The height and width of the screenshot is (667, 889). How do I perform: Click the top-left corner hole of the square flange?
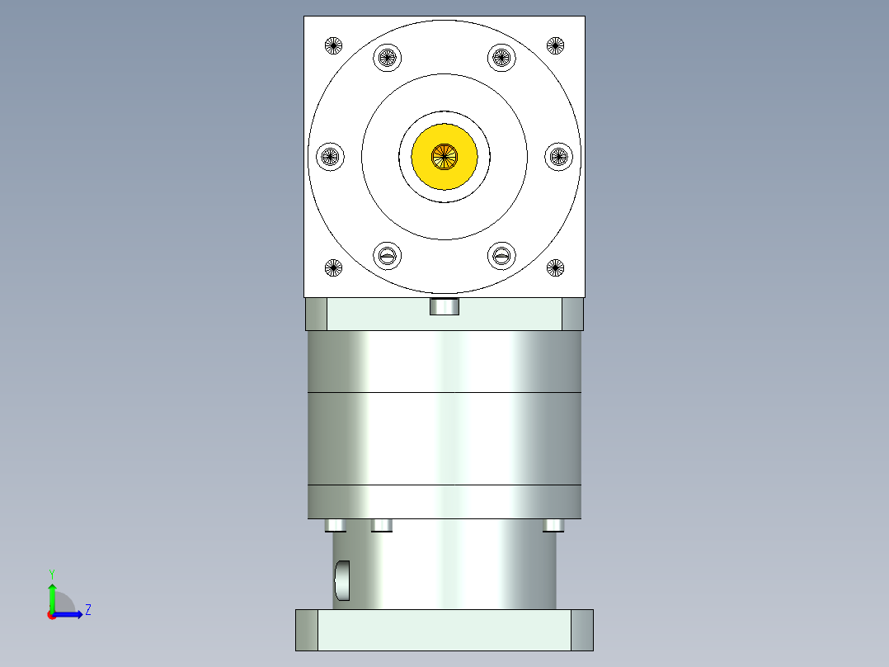333,45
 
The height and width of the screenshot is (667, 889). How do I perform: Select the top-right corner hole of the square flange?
556,45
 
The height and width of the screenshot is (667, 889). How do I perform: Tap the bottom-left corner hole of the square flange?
333,267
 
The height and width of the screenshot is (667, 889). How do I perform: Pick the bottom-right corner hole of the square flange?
556,267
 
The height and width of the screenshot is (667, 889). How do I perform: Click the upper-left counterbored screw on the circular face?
388,58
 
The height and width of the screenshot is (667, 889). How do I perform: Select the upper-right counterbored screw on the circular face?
501,58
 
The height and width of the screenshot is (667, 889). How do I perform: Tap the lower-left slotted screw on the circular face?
388,255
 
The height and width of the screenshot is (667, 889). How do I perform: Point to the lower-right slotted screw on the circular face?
501,255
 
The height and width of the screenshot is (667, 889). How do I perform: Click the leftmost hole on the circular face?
330,155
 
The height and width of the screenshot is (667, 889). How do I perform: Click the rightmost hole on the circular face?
559,155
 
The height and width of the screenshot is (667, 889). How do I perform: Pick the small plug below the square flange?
444,307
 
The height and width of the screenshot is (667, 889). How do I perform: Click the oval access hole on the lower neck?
342,580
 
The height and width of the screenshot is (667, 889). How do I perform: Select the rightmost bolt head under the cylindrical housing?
553,526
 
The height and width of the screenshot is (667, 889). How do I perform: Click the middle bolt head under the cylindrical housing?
382,526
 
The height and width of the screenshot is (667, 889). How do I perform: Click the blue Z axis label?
87,611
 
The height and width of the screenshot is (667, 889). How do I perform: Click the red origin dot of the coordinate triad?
51,615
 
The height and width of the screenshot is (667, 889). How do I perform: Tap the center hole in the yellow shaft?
444,154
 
